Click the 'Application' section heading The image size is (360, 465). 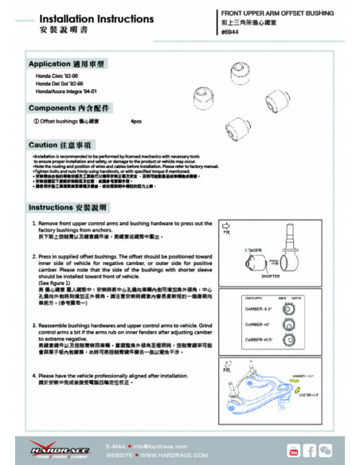click(x=66, y=63)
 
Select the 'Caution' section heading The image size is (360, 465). click(x=61, y=145)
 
